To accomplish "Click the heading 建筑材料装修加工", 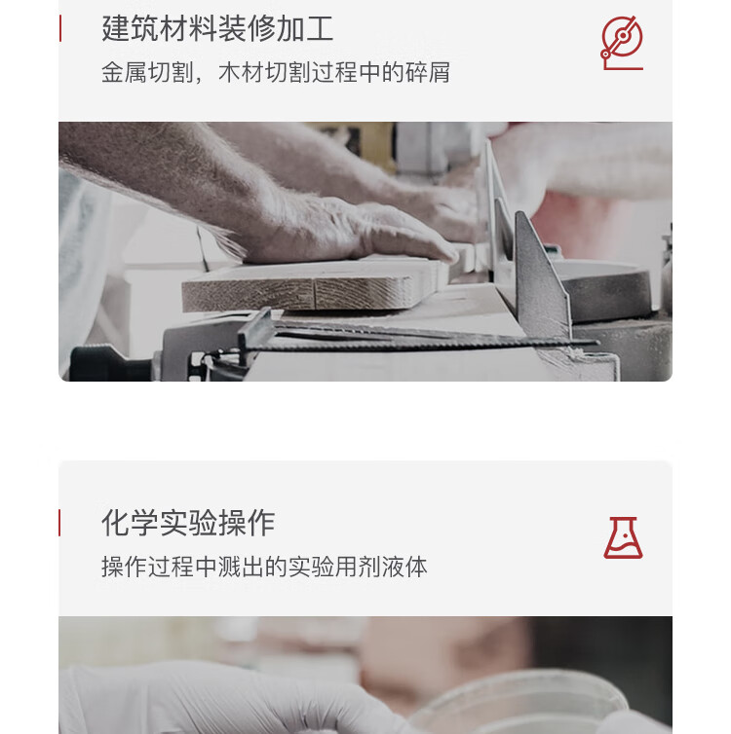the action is pos(217,28).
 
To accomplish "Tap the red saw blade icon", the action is pos(622,43).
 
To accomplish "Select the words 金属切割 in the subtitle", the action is pos(147,73).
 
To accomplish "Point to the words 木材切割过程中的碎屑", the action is pos(334,73).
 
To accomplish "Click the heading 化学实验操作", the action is pos(188,523).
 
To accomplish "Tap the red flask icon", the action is pos(623,538).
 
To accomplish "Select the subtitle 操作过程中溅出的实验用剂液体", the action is pos(264,567).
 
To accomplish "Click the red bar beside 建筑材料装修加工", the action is pos(60,28).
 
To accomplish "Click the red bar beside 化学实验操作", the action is pos(59,523).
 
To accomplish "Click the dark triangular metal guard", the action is pos(542,276).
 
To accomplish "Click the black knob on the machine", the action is pos(110,363).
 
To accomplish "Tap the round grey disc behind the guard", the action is pos(604,289).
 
